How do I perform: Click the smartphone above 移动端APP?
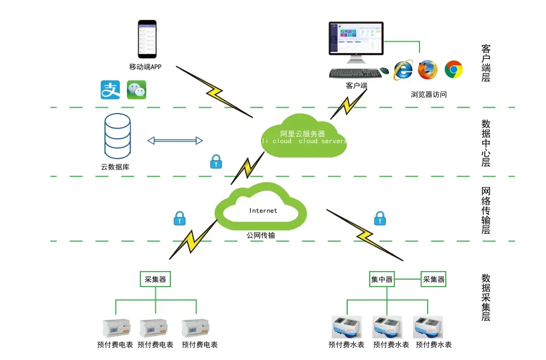[147, 39]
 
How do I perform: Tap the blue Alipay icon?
[110, 90]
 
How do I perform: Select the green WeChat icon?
[137, 90]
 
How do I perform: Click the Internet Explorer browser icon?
[403, 70]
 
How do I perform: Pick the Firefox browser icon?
[428, 70]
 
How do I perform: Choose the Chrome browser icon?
[453, 70]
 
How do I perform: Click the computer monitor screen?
[356, 39]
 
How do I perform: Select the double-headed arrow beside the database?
[175, 141]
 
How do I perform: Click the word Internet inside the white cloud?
[263, 211]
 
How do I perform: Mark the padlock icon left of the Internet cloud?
[179, 218]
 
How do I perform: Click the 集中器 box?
[382, 279]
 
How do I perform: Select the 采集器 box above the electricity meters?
[155, 279]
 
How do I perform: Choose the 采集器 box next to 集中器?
[433, 279]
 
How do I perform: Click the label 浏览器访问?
[429, 94]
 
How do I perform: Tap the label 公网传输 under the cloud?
[261, 235]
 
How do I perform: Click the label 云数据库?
[115, 167]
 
